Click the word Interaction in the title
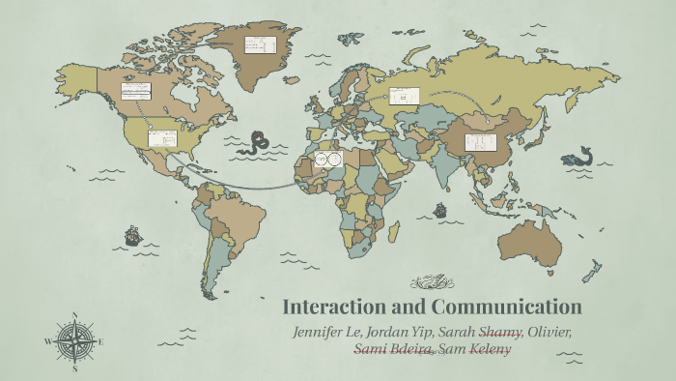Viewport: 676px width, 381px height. [334, 308]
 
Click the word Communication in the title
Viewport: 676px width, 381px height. [502, 308]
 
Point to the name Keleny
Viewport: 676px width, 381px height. [490, 349]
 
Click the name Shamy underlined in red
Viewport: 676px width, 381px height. [499, 333]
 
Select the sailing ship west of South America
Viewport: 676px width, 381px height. [132, 235]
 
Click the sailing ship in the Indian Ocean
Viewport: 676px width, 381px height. [440, 208]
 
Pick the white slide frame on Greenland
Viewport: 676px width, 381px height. [259, 44]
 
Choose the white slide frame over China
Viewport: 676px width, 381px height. [480, 142]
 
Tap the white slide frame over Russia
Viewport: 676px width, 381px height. [405, 96]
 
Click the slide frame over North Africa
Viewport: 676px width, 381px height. [329, 158]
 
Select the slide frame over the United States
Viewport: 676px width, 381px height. [162, 138]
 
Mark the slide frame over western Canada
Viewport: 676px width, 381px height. [136, 91]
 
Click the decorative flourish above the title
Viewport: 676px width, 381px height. [431, 282]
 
